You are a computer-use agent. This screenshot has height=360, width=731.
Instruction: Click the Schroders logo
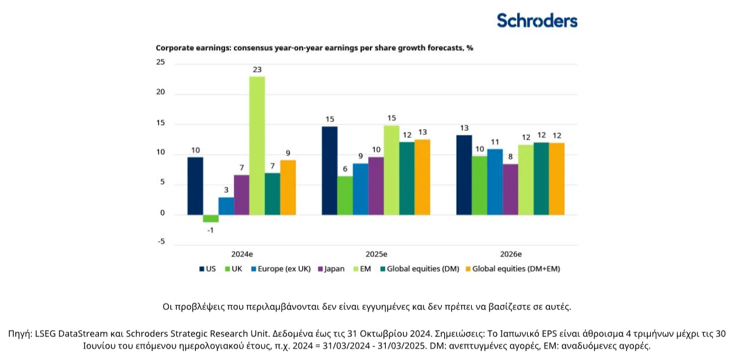(537, 21)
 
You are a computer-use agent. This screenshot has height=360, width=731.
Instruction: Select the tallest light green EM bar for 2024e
(257, 145)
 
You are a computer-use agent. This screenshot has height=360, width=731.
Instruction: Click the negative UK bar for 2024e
(210, 218)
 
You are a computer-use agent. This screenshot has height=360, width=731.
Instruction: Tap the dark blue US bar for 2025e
(330, 170)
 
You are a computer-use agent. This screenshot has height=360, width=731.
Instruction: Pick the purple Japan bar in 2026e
(511, 189)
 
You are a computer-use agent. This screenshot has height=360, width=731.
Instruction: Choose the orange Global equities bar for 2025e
(422, 177)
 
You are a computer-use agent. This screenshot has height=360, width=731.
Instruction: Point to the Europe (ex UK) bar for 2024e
(226, 206)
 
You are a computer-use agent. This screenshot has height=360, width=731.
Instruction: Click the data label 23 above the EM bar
(257, 70)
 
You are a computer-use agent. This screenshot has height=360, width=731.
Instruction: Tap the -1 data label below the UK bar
(210, 230)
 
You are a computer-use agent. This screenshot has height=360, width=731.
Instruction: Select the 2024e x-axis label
(242, 254)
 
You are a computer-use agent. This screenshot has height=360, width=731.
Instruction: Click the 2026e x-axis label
(511, 254)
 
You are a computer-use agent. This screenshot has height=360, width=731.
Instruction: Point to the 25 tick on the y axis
(161, 62)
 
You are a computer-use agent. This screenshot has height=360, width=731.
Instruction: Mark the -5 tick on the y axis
(161, 242)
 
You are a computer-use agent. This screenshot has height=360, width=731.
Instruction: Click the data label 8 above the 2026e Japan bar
(511, 157)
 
